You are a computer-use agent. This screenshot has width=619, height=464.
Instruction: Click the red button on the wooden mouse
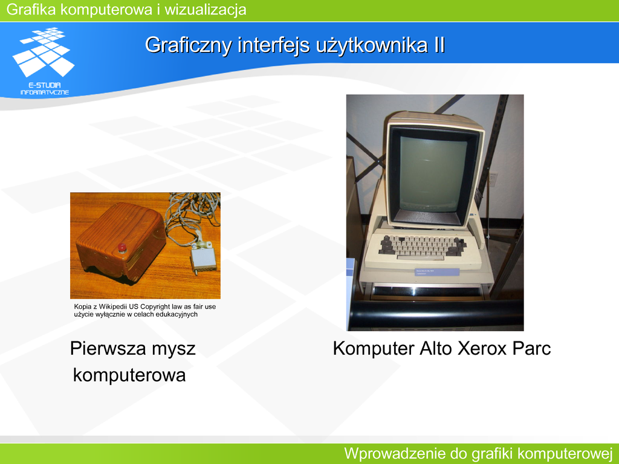pos(122,248)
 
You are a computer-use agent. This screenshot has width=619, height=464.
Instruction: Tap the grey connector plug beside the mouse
pos(204,259)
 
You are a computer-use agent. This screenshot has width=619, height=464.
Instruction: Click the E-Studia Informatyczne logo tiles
pos(44,52)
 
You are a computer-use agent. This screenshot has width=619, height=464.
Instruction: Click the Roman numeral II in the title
pos(439,45)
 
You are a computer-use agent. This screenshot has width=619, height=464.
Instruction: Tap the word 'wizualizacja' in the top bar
pos(206,10)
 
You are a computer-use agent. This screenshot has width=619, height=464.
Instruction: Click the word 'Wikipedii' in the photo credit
pos(118,306)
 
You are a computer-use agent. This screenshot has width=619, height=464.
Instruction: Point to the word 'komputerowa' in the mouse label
pos(129,375)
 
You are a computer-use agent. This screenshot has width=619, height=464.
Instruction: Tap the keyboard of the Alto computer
pos(423,245)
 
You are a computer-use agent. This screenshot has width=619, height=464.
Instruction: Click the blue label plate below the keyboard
pos(437,272)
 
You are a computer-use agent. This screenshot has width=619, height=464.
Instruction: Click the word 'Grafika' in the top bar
pos(31,10)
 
